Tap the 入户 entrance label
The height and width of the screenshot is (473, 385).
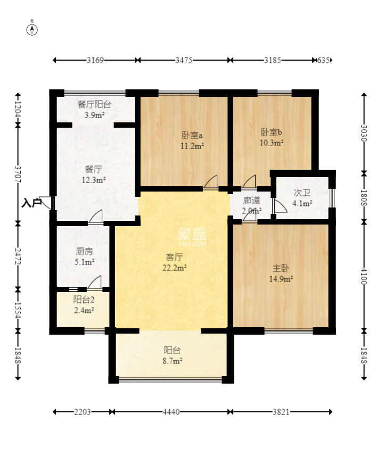[31, 203]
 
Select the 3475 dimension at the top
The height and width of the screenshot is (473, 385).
[184, 60]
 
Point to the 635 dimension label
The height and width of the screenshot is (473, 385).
[323, 60]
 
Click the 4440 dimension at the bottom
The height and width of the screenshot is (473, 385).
[171, 412]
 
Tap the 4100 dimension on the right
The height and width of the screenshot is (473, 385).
[364, 276]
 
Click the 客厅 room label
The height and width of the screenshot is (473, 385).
[175, 258]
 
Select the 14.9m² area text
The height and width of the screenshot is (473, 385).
[281, 279]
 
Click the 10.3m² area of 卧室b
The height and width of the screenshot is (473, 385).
[272, 143]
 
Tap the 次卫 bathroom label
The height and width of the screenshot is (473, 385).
[302, 193]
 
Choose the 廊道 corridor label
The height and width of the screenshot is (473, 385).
[251, 201]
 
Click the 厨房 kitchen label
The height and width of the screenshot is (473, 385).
[84, 251]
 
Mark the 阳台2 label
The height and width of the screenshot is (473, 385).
[84, 300]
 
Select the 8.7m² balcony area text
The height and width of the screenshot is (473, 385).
[173, 361]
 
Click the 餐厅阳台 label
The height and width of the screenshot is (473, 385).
[94, 105]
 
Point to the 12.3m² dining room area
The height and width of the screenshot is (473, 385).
[94, 180]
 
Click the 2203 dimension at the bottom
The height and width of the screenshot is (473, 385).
[82, 412]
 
